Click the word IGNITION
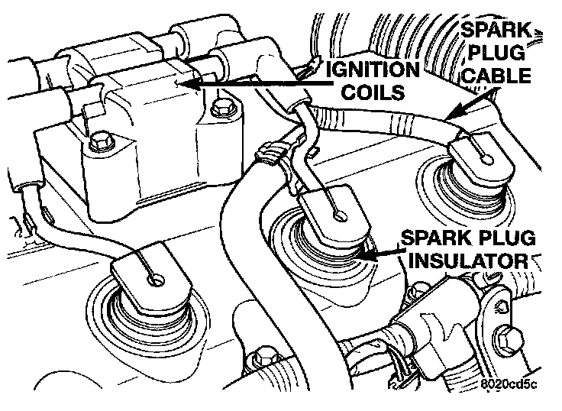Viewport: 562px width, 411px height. point(374,70)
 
